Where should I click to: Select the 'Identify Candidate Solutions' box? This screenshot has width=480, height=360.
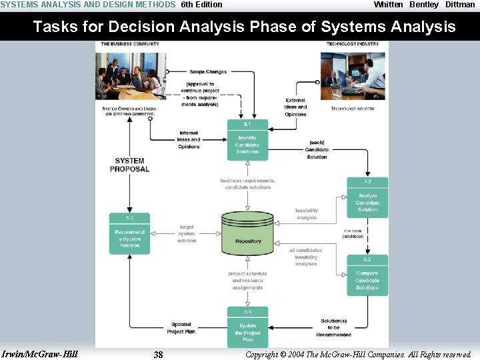coord(247,141)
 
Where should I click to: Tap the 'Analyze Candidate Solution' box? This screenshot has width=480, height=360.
coord(367,198)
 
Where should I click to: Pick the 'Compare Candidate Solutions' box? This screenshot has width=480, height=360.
coord(367,276)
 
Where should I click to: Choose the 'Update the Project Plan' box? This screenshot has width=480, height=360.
coord(247,328)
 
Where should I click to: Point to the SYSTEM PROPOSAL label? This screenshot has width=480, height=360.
coord(129,165)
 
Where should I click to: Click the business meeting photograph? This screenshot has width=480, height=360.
coord(130,75)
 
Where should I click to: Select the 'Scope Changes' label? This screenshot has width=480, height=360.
coord(208,72)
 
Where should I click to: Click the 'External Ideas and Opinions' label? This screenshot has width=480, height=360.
coord(295,107)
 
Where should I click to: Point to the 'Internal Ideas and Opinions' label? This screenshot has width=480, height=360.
coord(189,140)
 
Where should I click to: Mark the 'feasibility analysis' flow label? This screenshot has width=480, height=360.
coord(307,214)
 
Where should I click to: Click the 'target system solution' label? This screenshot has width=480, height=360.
coord(187,233)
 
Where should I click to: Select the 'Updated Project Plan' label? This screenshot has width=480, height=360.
coord(181,328)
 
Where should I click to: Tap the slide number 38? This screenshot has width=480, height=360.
coord(158,355)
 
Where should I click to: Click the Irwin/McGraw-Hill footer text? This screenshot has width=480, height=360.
coord(40,354)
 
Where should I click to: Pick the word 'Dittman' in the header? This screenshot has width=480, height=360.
coord(460,5)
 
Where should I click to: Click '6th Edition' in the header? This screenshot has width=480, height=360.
coord(201,5)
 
